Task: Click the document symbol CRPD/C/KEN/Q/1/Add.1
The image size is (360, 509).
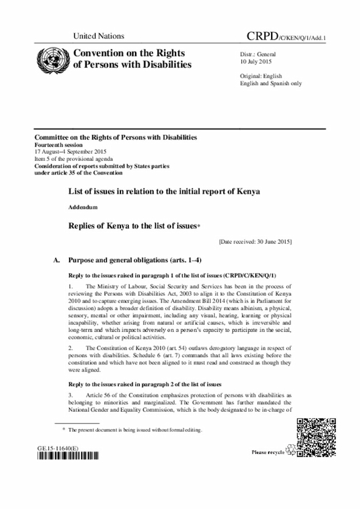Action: tap(287, 37)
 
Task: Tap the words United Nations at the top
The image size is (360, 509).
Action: tap(98, 36)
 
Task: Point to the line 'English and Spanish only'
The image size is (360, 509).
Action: tap(271, 83)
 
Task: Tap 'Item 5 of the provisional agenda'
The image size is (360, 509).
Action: tap(70, 159)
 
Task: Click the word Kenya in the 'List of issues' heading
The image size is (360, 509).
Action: tap(249, 191)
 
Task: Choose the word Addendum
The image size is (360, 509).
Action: tap(83, 208)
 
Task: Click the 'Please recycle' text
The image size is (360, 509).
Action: tap(268, 452)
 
